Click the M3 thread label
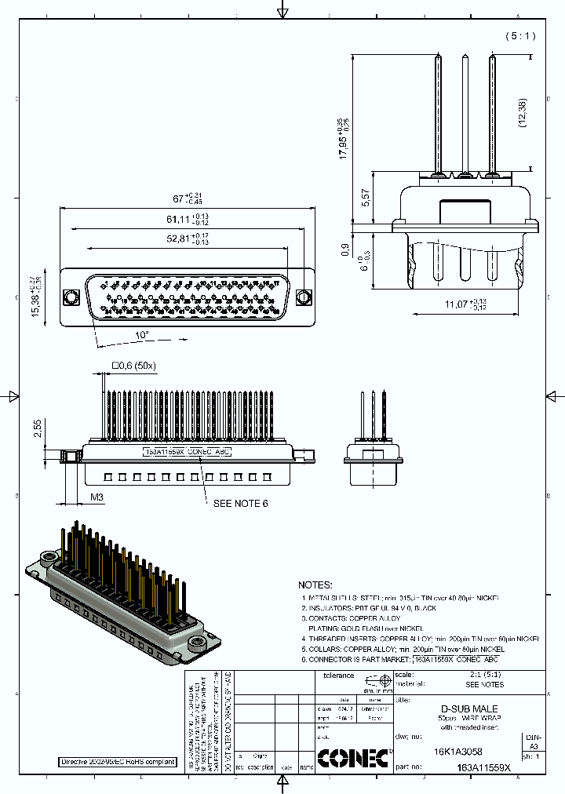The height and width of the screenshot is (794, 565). click(97, 497)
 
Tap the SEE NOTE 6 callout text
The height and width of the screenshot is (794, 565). click(241, 503)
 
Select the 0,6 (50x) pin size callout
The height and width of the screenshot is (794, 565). click(136, 365)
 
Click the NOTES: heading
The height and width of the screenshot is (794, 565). click(315, 585)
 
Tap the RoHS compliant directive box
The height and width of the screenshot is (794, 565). click(118, 762)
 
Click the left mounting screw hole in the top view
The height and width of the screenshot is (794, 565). click(71, 298)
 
